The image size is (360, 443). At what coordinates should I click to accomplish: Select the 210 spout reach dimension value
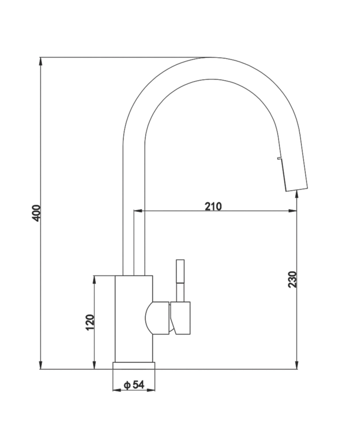point(213,206)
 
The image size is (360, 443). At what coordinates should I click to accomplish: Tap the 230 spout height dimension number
point(293,279)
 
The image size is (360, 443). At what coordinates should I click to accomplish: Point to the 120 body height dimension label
point(90,322)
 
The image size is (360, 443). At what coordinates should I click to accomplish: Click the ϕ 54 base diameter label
point(134,385)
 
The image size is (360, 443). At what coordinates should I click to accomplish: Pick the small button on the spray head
point(279,157)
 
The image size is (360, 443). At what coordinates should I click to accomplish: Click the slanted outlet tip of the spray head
point(295,189)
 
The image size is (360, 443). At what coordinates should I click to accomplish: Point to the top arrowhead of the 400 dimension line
point(40,62)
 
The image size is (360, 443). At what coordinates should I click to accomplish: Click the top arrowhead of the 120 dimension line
point(94,280)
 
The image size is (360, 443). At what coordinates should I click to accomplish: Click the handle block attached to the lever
point(182,318)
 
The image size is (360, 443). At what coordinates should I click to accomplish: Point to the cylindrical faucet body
point(133,319)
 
